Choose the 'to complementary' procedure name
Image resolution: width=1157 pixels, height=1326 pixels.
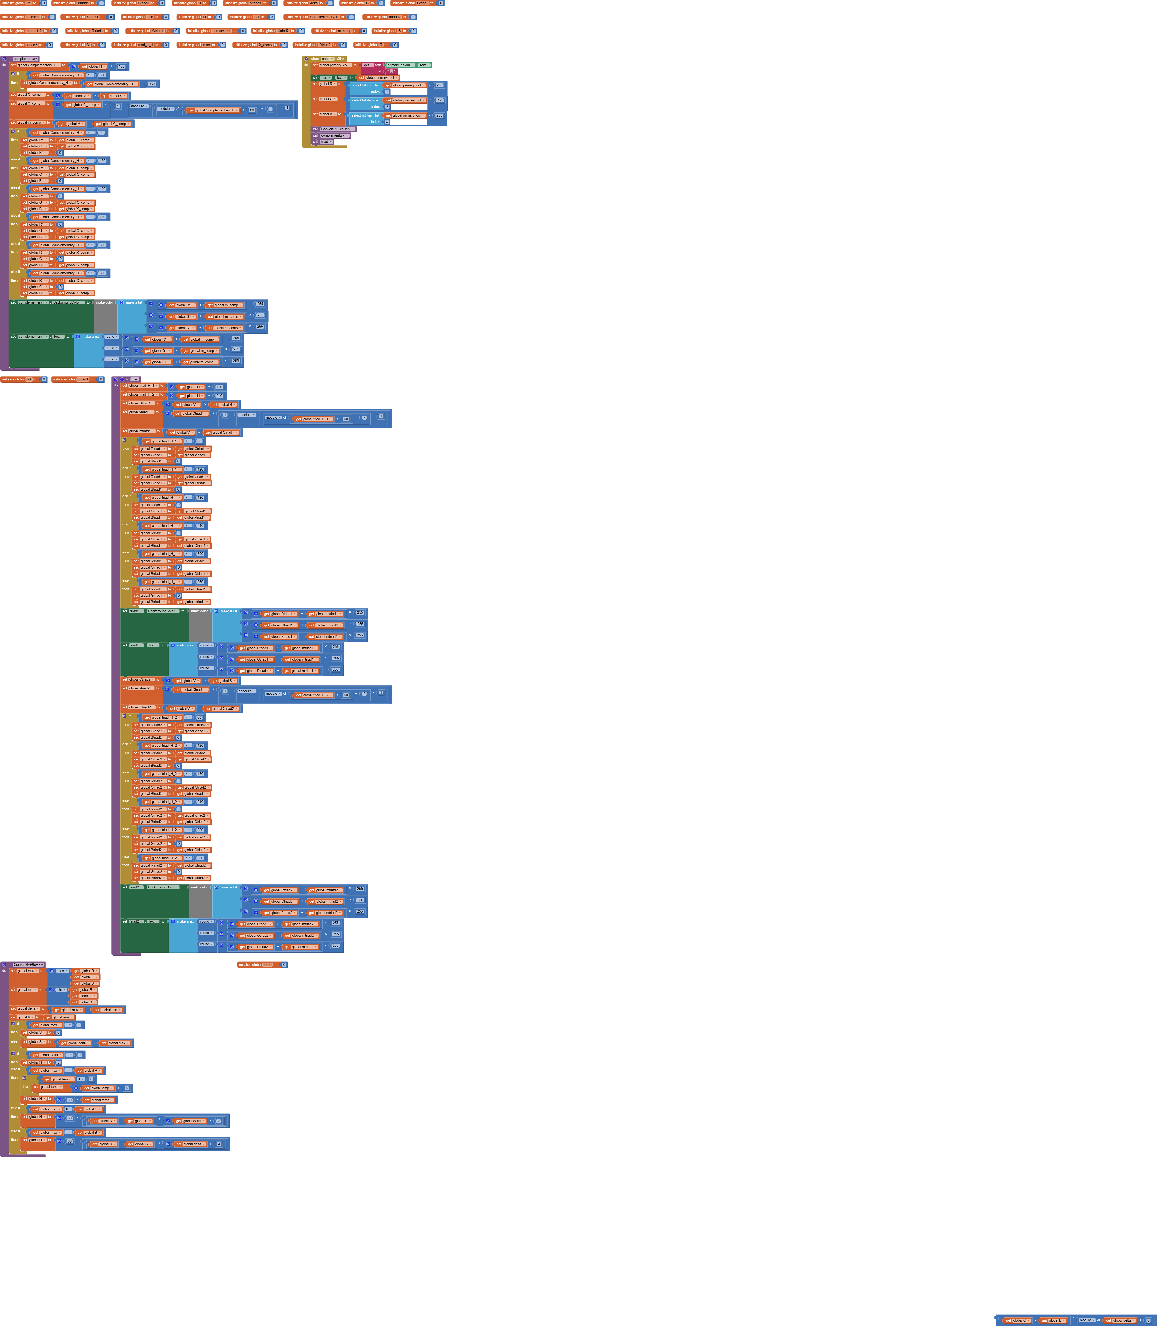[x=26, y=59]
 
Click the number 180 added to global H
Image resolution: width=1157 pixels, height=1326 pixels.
[x=121, y=66]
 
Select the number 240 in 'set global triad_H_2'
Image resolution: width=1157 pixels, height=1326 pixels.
[x=219, y=396]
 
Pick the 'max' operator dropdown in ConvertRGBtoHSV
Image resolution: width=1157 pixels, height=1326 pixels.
[x=61, y=971]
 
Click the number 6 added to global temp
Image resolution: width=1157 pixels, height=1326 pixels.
[x=127, y=1088]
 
